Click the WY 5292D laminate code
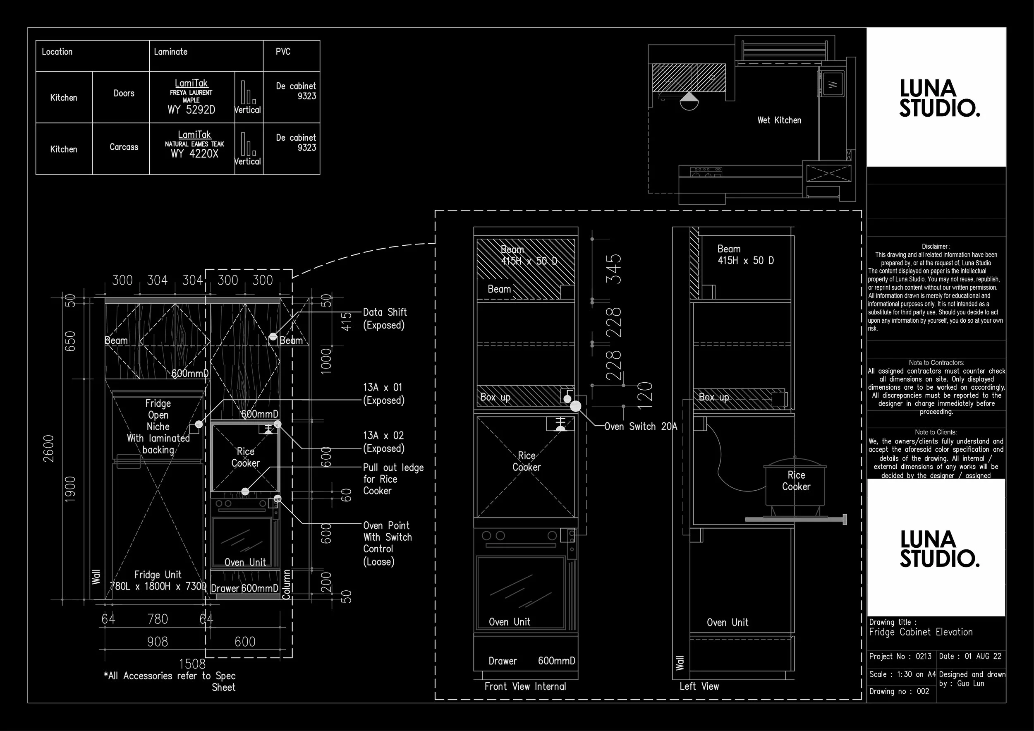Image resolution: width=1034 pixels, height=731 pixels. [191, 110]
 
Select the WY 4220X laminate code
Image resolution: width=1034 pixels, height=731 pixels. [194, 154]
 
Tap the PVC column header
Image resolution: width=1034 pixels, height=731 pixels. [283, 52]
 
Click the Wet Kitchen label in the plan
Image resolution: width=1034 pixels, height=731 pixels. [779, 120]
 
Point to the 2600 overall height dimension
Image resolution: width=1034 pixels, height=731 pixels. [49, 448]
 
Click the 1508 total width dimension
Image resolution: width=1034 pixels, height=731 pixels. [192, 664]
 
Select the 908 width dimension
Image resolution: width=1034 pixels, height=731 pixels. [157, 642]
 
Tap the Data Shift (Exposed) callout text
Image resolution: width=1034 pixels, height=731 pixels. [385, 319]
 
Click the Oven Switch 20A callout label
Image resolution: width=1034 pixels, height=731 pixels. [640, 427]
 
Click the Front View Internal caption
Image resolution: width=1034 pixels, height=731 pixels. [525, 686]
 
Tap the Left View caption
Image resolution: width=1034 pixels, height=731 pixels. [699, 686]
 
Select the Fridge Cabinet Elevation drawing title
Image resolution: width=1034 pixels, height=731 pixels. [921, 632]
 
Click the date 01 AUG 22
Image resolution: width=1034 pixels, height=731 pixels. [983, 656]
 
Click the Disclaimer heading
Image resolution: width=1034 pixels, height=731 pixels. [936, 247]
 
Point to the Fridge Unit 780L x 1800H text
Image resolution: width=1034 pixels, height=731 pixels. [158, 580]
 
